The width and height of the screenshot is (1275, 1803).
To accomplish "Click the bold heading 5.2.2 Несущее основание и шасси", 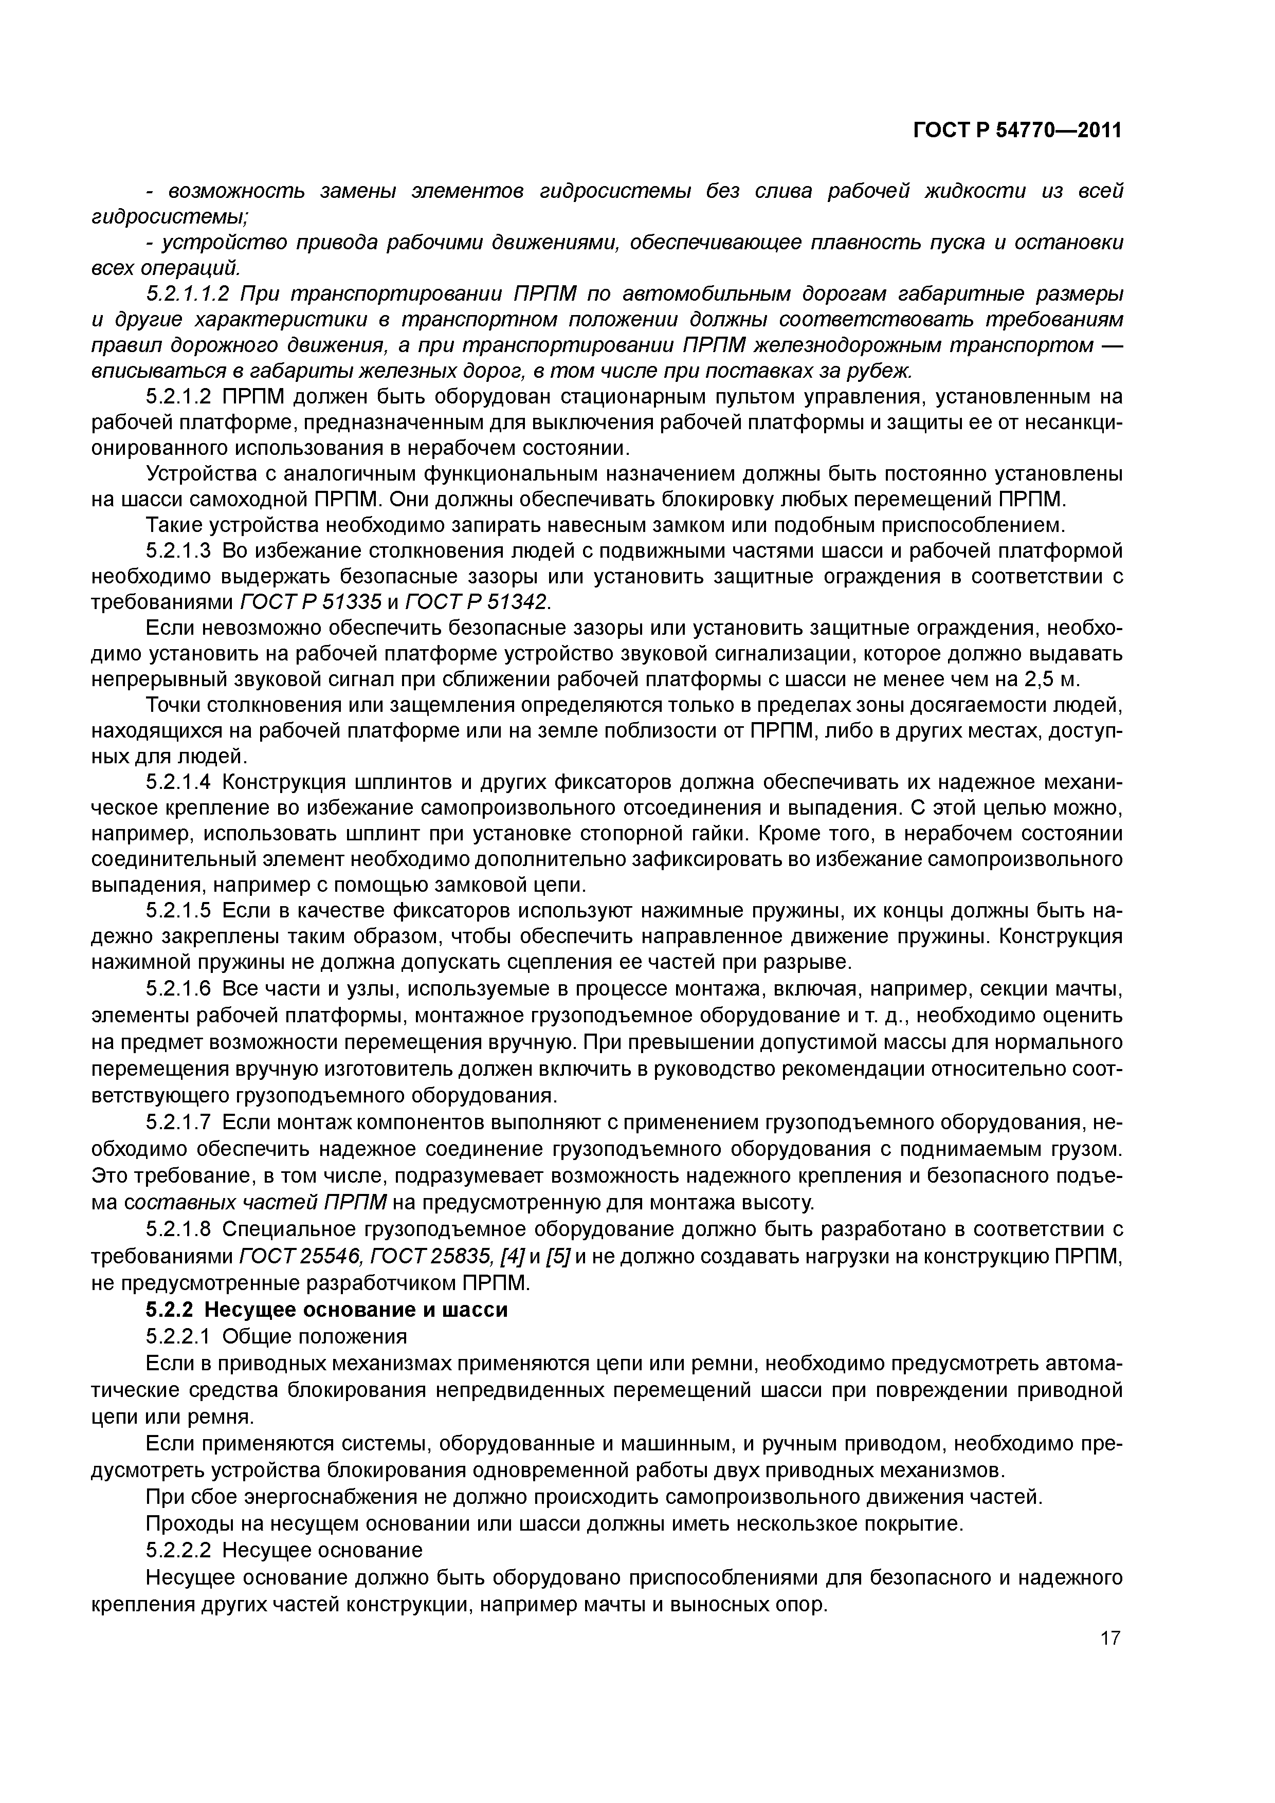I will (327, 1310).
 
